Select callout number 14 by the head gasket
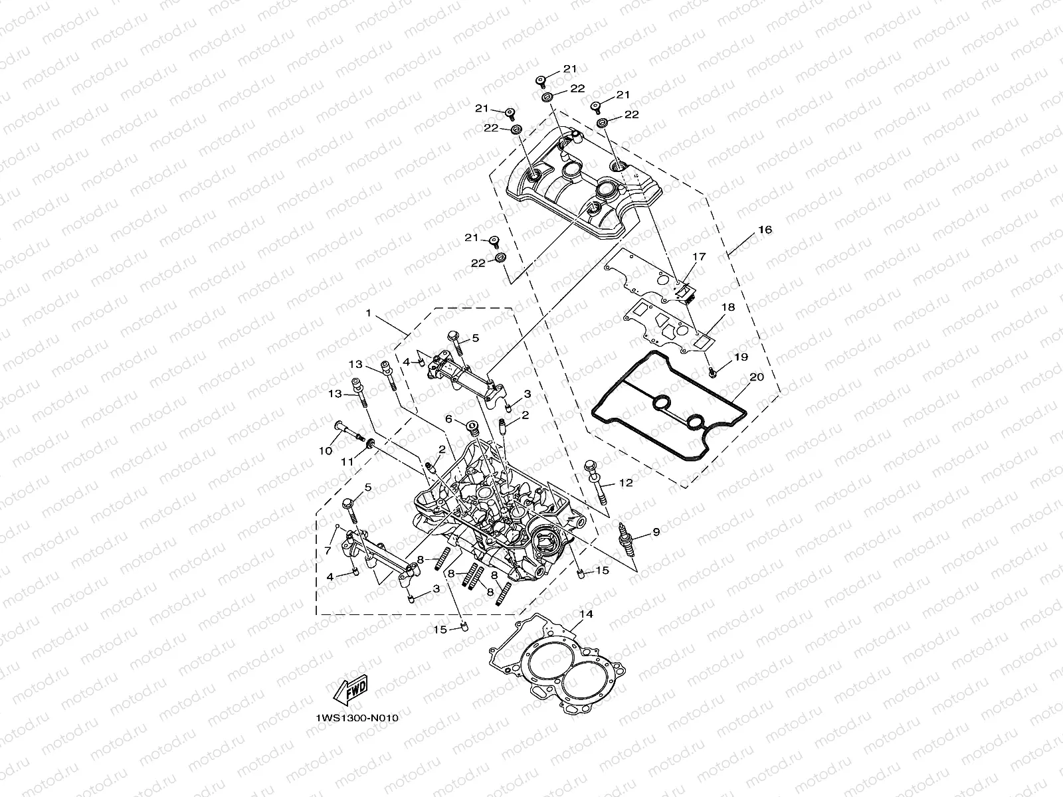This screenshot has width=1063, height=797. [x=585, y=614]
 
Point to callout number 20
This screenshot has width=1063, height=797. [x=756, y=377]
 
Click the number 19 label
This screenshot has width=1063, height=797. [x=741, y=357]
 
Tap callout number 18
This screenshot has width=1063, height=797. [x=728, y=308]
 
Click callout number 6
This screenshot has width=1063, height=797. [x=448, y=418]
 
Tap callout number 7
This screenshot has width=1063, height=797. [x=327, y=551]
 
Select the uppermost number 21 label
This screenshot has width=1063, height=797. [x=571, y=68]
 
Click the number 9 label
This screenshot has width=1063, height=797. [x=656, y=532]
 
